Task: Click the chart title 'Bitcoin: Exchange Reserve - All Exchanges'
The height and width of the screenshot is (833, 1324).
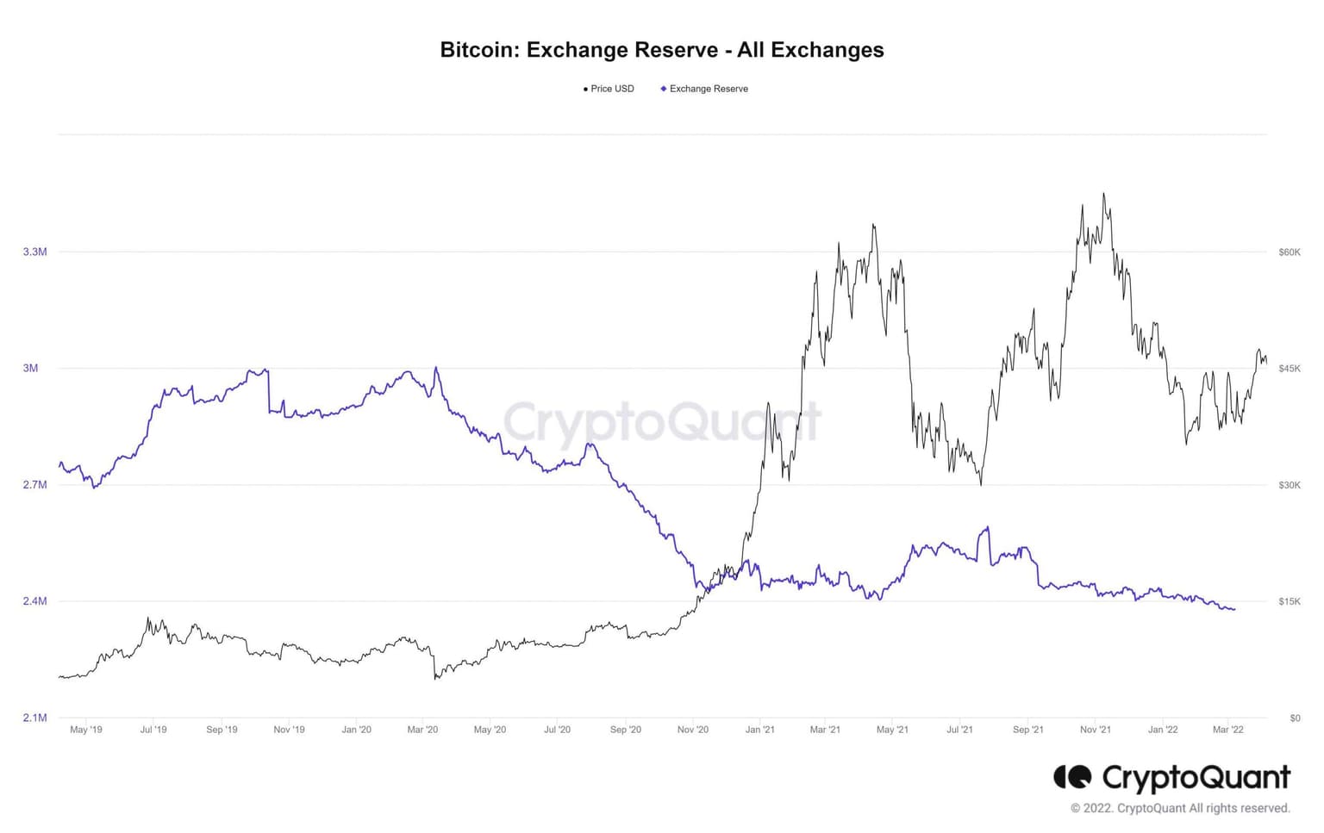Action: (661, 50)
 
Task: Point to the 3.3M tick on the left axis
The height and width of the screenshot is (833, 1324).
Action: (34, 252)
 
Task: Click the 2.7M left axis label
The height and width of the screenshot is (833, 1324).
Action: (34, 485)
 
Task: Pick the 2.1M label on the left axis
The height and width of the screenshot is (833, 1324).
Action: (34, 718)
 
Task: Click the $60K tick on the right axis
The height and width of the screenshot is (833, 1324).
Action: (1290, 252)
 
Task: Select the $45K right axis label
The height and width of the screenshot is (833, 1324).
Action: (1290, 369)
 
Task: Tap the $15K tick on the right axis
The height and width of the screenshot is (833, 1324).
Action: (1290, 601)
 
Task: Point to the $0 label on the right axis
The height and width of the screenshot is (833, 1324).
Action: (1295, 718)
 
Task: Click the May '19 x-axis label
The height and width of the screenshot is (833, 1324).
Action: (85, 730)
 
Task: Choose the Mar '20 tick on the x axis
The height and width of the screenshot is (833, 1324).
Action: (422, 730)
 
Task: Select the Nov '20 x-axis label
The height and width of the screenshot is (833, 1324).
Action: (693, 730)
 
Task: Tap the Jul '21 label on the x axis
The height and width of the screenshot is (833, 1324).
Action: (959, 730)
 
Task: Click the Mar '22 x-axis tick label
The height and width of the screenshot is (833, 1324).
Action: (1227, 730)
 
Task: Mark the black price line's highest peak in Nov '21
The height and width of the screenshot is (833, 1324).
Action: (1103, 194)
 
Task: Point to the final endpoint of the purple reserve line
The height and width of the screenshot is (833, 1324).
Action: (1234, 610)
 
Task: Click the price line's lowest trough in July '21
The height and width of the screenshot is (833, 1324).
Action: (981, 484)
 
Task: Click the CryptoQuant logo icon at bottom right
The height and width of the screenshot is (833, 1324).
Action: (1072, 777)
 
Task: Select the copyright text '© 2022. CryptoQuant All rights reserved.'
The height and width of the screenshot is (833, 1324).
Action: (1180, 808)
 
